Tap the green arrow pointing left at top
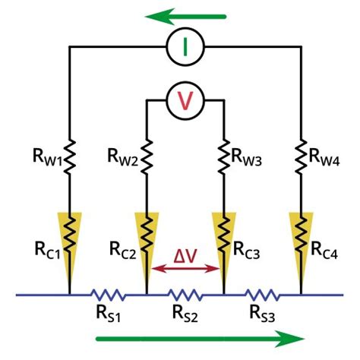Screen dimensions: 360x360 click(x=187, y=14)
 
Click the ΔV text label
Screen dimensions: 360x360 click(x=183, y=254)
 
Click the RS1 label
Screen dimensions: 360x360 click(x=107, y=312)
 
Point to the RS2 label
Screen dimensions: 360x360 click(x=185, y=312)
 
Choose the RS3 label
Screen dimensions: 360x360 click(x=262, y=312)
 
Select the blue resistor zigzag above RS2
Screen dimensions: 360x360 click(x=185, y=294)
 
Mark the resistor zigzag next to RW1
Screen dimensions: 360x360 click(x=70, y=156)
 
